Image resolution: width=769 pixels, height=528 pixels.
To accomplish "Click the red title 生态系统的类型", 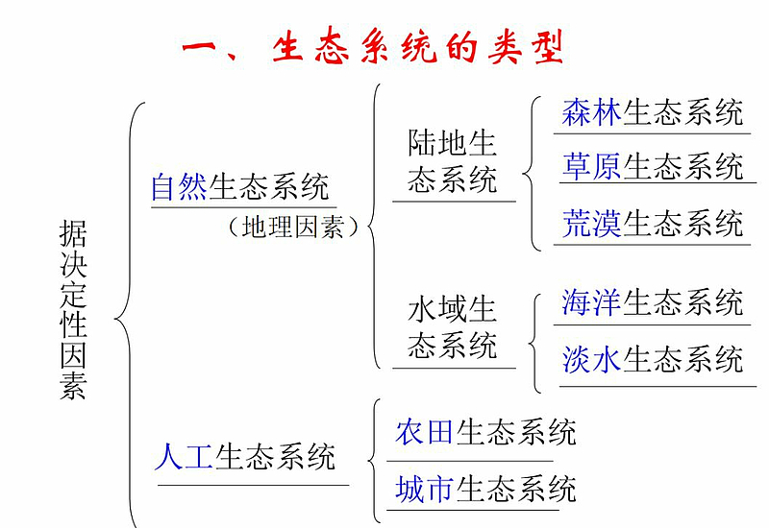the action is [417, 47].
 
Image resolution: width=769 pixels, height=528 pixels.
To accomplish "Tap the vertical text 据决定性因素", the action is [73, 309].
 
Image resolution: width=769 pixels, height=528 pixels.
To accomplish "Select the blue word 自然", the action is [179, 186].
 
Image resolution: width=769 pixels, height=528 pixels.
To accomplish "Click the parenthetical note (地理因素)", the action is [293, 228].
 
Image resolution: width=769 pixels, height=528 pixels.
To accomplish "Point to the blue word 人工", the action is [184, 457].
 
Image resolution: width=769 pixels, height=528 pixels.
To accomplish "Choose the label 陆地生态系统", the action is [452, 161].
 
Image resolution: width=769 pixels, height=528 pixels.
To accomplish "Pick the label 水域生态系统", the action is [452, 327].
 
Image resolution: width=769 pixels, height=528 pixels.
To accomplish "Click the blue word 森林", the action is [591, 112].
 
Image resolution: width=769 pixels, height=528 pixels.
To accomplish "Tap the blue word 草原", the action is [591, 166].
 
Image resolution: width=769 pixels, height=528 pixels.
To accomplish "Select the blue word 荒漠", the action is [591, 224].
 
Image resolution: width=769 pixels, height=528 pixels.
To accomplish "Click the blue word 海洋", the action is [591, 302].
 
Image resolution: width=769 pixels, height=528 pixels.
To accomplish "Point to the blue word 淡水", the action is [591, 359].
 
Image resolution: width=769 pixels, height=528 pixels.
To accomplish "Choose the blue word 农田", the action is [424, 432].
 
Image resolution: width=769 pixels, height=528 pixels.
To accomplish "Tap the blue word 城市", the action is [424, 489].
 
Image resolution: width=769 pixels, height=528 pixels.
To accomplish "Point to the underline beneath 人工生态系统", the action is [253, 486].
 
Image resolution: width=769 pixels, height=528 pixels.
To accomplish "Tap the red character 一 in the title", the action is [199, 47].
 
